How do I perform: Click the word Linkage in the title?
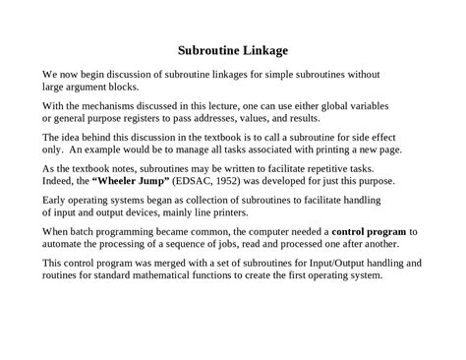coord(263,49)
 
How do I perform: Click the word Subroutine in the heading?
coord(208,49)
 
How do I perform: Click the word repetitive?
coord(320,168)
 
